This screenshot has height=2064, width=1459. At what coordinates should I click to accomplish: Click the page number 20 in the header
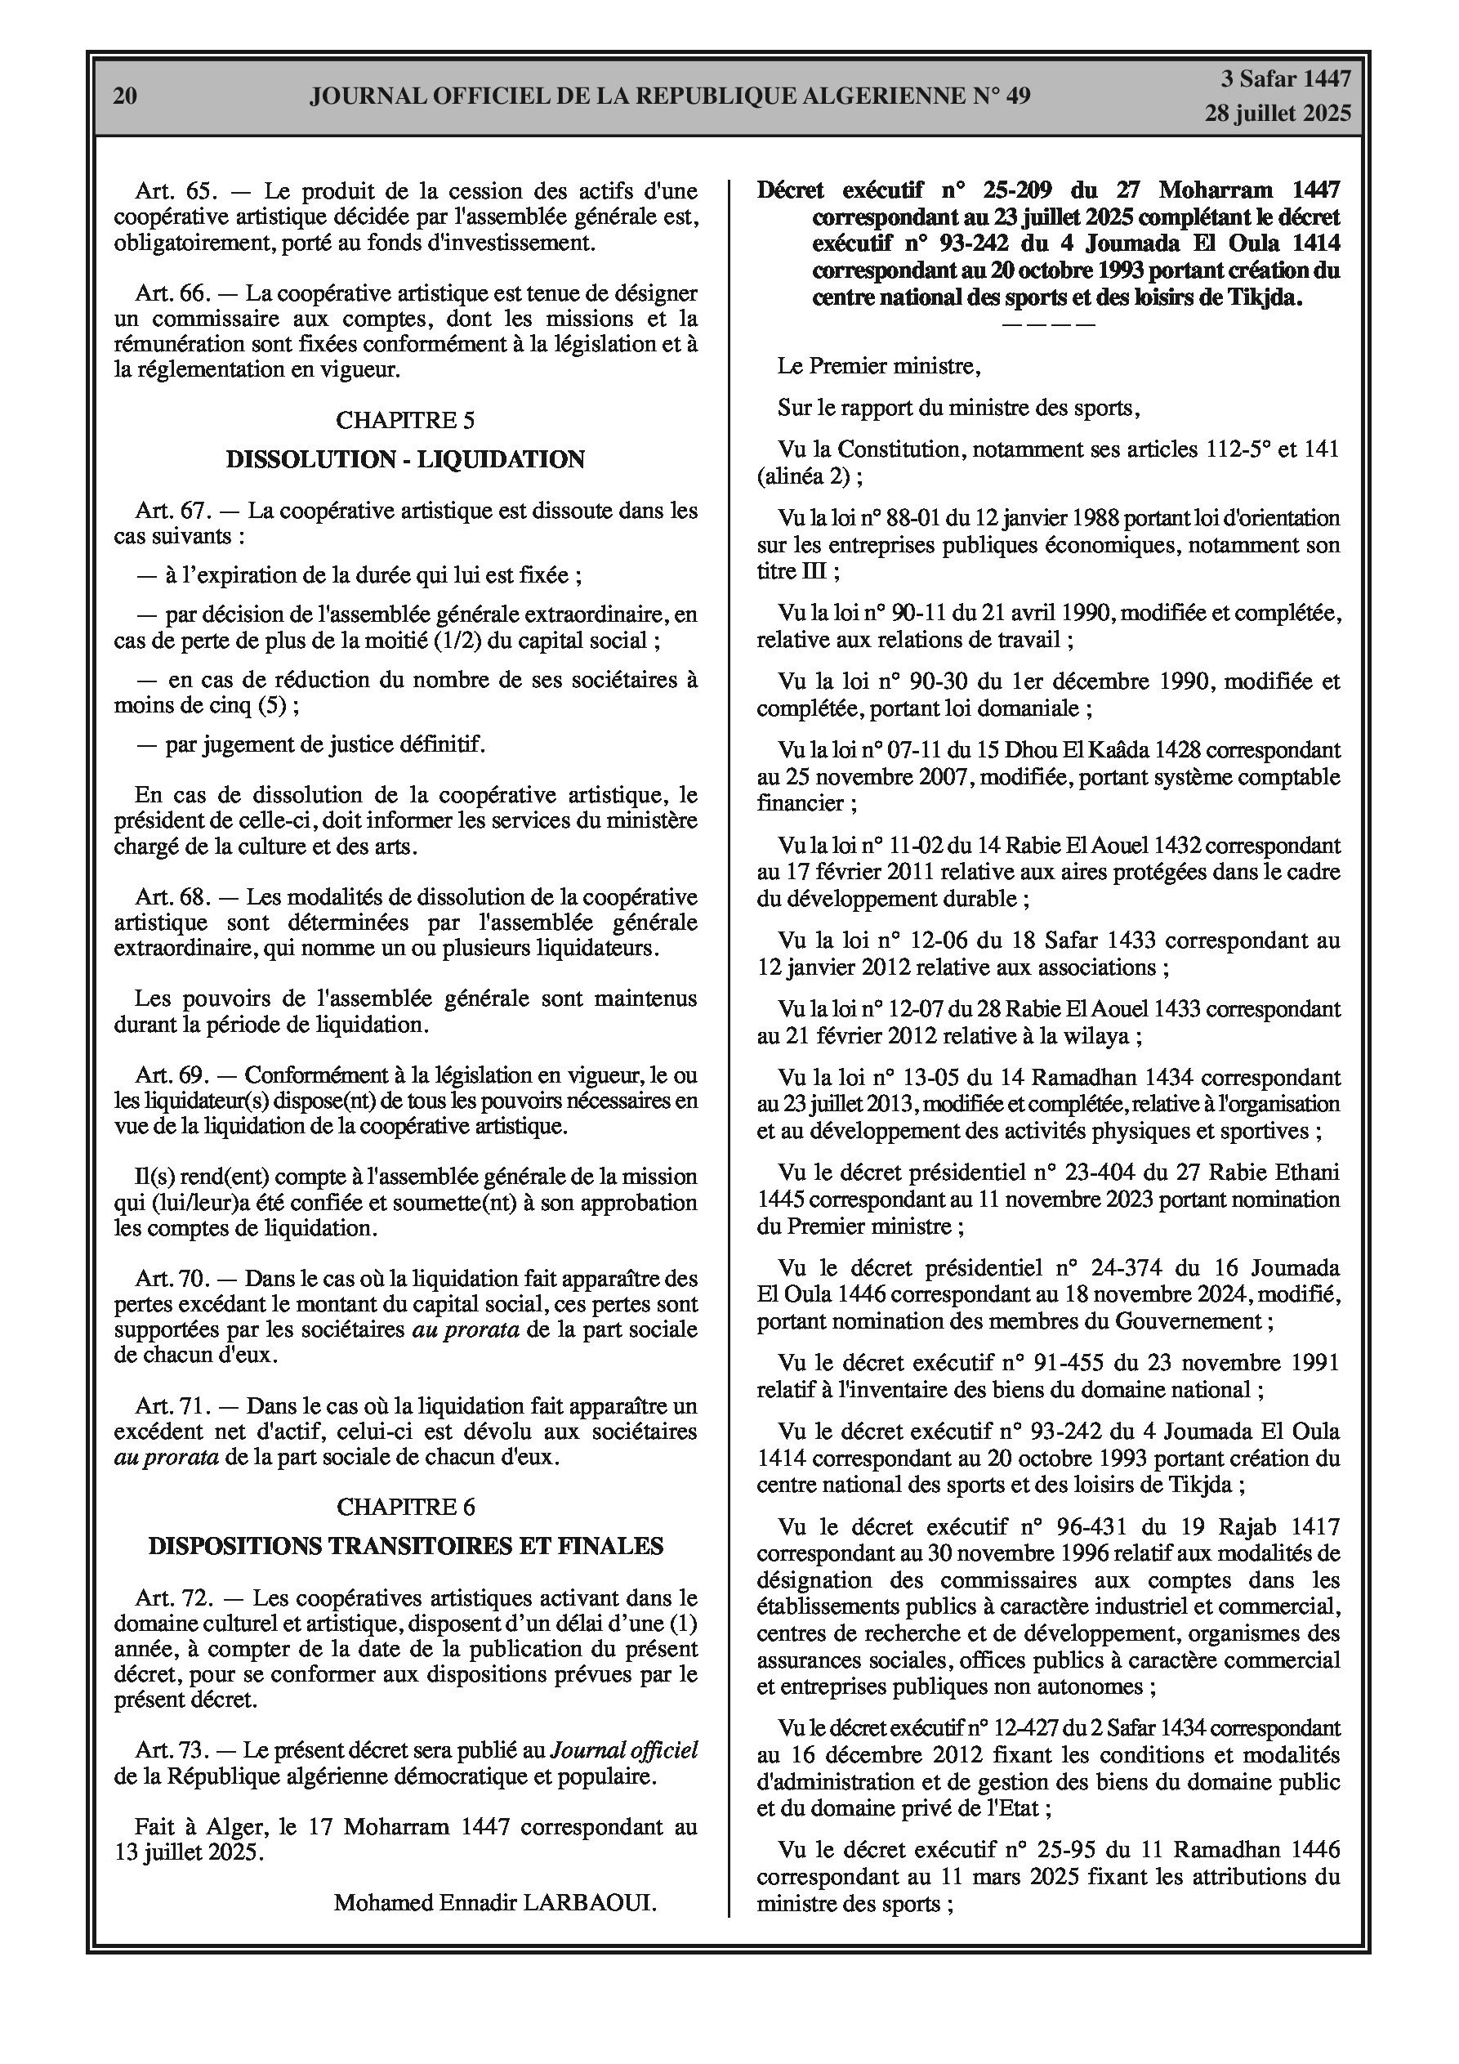pos(125,96)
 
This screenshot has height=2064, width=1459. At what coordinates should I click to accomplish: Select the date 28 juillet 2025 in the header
pos(1278,114)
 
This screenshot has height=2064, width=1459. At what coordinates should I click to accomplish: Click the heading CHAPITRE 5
pos(405,420)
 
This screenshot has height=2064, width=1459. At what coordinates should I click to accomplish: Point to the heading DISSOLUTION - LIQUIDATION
pos(405,459)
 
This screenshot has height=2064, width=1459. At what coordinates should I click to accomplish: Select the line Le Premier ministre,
pos(879,367)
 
